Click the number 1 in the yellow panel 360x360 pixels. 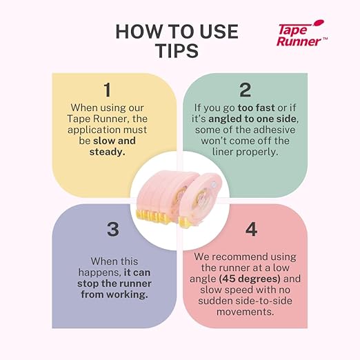tap(107, 90)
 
